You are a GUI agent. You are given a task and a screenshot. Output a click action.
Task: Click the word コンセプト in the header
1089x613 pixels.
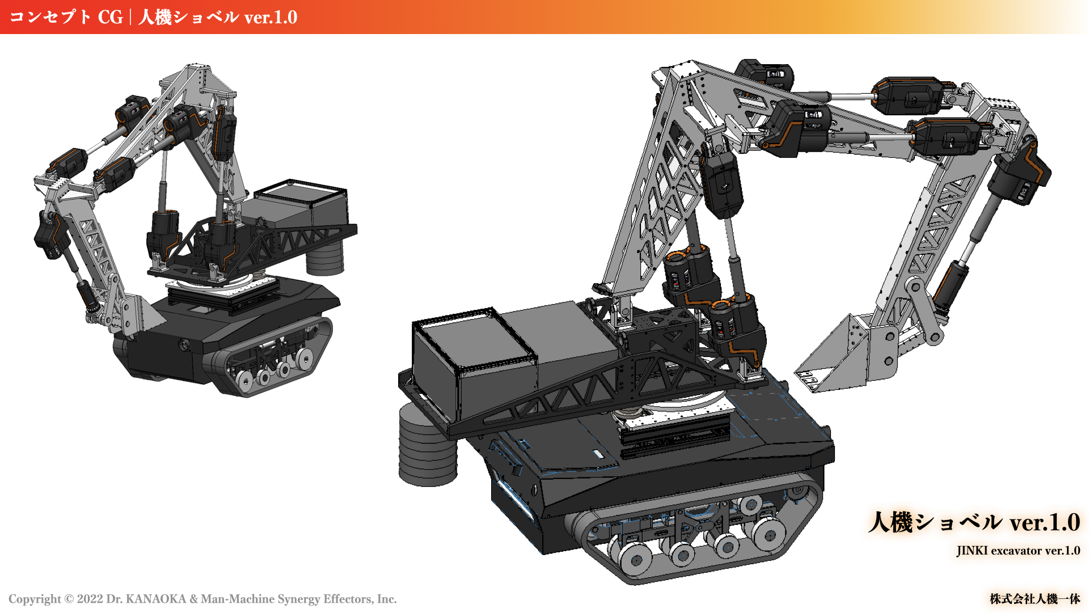(50, 17)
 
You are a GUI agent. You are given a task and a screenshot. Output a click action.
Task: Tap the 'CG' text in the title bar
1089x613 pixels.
(110, 17)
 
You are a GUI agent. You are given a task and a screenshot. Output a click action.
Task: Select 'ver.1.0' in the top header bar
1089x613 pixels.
(271, 17)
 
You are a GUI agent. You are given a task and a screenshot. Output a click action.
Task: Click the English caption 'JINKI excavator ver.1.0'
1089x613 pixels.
(1018, 551)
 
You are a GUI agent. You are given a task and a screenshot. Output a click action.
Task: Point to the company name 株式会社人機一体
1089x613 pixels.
(1035, 599)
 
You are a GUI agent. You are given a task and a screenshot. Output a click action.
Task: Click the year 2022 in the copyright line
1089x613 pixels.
(90, 599)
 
